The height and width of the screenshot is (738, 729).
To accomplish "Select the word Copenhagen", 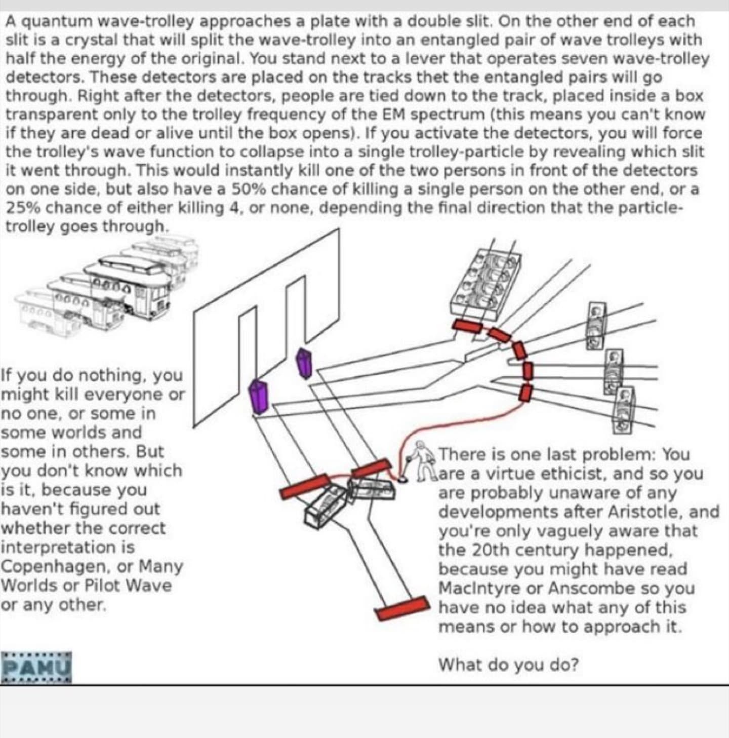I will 55,566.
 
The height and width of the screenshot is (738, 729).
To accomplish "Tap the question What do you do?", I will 508,664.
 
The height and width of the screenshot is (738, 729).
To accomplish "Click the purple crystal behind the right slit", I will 304,362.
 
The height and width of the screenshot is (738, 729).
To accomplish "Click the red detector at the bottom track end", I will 403,607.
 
